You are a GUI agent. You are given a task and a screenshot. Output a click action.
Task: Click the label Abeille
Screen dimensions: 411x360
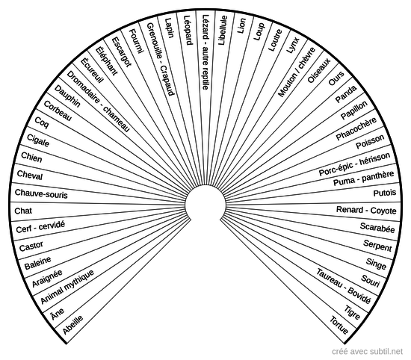73,324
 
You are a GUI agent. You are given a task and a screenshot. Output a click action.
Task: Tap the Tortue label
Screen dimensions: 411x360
339,325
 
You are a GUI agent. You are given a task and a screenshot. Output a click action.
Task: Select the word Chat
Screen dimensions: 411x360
23,211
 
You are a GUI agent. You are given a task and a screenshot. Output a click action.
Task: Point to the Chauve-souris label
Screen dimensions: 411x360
41,193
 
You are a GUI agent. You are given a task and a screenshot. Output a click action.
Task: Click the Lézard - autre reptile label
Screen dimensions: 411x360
205,52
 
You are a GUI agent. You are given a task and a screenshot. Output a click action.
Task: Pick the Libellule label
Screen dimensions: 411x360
223,31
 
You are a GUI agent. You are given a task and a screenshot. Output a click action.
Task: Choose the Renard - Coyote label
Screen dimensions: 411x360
366,210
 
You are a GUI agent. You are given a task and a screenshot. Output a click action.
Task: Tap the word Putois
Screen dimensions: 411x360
385,193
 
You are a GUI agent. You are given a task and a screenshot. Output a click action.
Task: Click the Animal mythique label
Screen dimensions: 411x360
67,287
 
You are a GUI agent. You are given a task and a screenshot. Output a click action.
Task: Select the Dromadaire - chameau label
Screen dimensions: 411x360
99,101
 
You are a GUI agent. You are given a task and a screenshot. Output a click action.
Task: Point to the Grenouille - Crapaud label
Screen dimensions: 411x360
161,59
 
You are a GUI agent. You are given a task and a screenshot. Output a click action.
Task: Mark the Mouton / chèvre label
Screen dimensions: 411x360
297,72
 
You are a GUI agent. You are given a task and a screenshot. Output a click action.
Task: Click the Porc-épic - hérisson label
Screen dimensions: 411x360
354,164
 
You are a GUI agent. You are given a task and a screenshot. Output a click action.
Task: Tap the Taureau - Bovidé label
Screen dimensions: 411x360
344,286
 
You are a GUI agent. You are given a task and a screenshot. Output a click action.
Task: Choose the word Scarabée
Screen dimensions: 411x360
377,227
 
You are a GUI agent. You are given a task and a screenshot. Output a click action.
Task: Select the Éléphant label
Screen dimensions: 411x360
106,60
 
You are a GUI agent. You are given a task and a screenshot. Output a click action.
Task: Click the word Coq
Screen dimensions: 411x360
42,122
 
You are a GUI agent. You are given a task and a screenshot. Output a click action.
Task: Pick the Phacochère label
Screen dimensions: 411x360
356,128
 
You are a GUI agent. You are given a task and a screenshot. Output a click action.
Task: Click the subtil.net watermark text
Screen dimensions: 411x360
367,351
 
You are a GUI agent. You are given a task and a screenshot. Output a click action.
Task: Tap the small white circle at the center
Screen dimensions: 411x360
205,205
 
